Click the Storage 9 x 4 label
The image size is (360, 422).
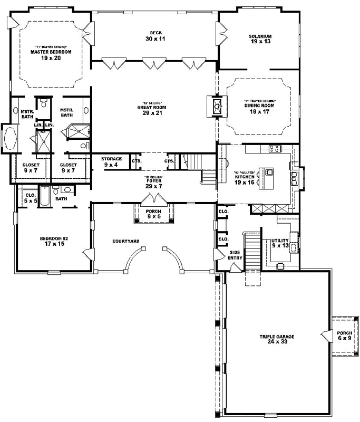[111, 161]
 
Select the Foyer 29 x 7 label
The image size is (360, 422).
[153, 184]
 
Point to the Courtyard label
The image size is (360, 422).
[126, 241]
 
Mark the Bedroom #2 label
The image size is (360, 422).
[51, 241]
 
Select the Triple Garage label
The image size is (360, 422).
[276, 339]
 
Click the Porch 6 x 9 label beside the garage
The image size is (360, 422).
[344, 335]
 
